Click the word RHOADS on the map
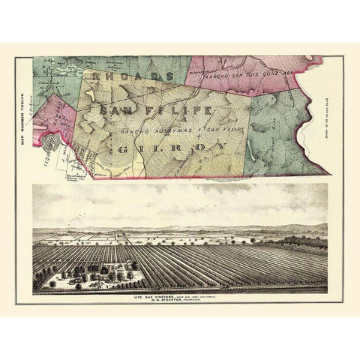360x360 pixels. click(x=131, y=76)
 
